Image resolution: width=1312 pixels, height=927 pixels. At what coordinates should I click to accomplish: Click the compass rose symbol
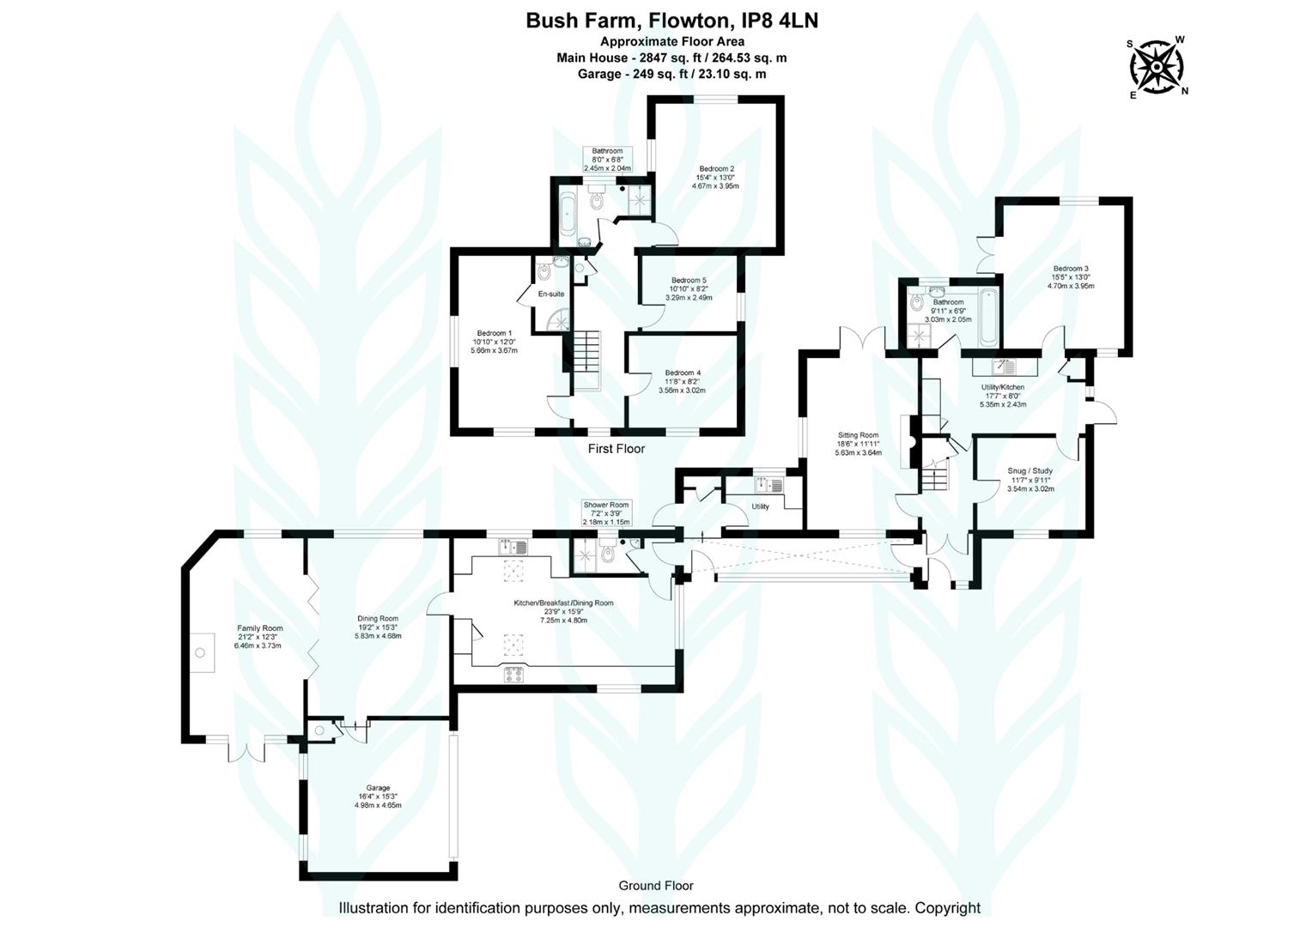pos(1157,67)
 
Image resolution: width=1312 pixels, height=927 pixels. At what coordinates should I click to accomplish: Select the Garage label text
pos(378,788)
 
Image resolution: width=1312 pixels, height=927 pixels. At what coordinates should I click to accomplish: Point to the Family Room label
pos(259,628)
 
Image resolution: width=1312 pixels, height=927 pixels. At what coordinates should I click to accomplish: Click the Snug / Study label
pos(1030,471)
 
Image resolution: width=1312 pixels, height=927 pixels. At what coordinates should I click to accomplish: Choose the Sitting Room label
pos(858,435)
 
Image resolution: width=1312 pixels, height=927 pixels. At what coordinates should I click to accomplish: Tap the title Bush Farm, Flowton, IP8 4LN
pos(671,21)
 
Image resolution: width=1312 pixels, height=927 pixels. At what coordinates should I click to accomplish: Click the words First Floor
pos(617,449)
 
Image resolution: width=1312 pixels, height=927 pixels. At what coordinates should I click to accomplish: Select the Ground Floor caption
pos(656,886)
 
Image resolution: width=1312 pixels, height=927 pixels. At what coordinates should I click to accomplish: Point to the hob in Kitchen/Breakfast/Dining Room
pos(513,676)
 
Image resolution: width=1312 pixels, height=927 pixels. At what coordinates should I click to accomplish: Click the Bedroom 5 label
pos(689,281)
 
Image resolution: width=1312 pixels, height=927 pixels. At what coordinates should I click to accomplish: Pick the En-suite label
pos(551,294)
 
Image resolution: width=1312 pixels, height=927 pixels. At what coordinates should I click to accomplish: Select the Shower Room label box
pos(606,513)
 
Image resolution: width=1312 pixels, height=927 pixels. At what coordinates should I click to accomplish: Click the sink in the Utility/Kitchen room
pos(1004,367)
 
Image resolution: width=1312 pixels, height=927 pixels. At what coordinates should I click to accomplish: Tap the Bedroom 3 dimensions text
pos(1071,282)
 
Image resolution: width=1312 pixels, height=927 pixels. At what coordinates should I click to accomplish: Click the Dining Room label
pos(378,618)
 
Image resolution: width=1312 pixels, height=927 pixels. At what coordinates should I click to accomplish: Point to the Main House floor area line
pos(671,58)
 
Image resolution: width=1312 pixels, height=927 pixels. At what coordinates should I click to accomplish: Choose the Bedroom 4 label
pos(683,373)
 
